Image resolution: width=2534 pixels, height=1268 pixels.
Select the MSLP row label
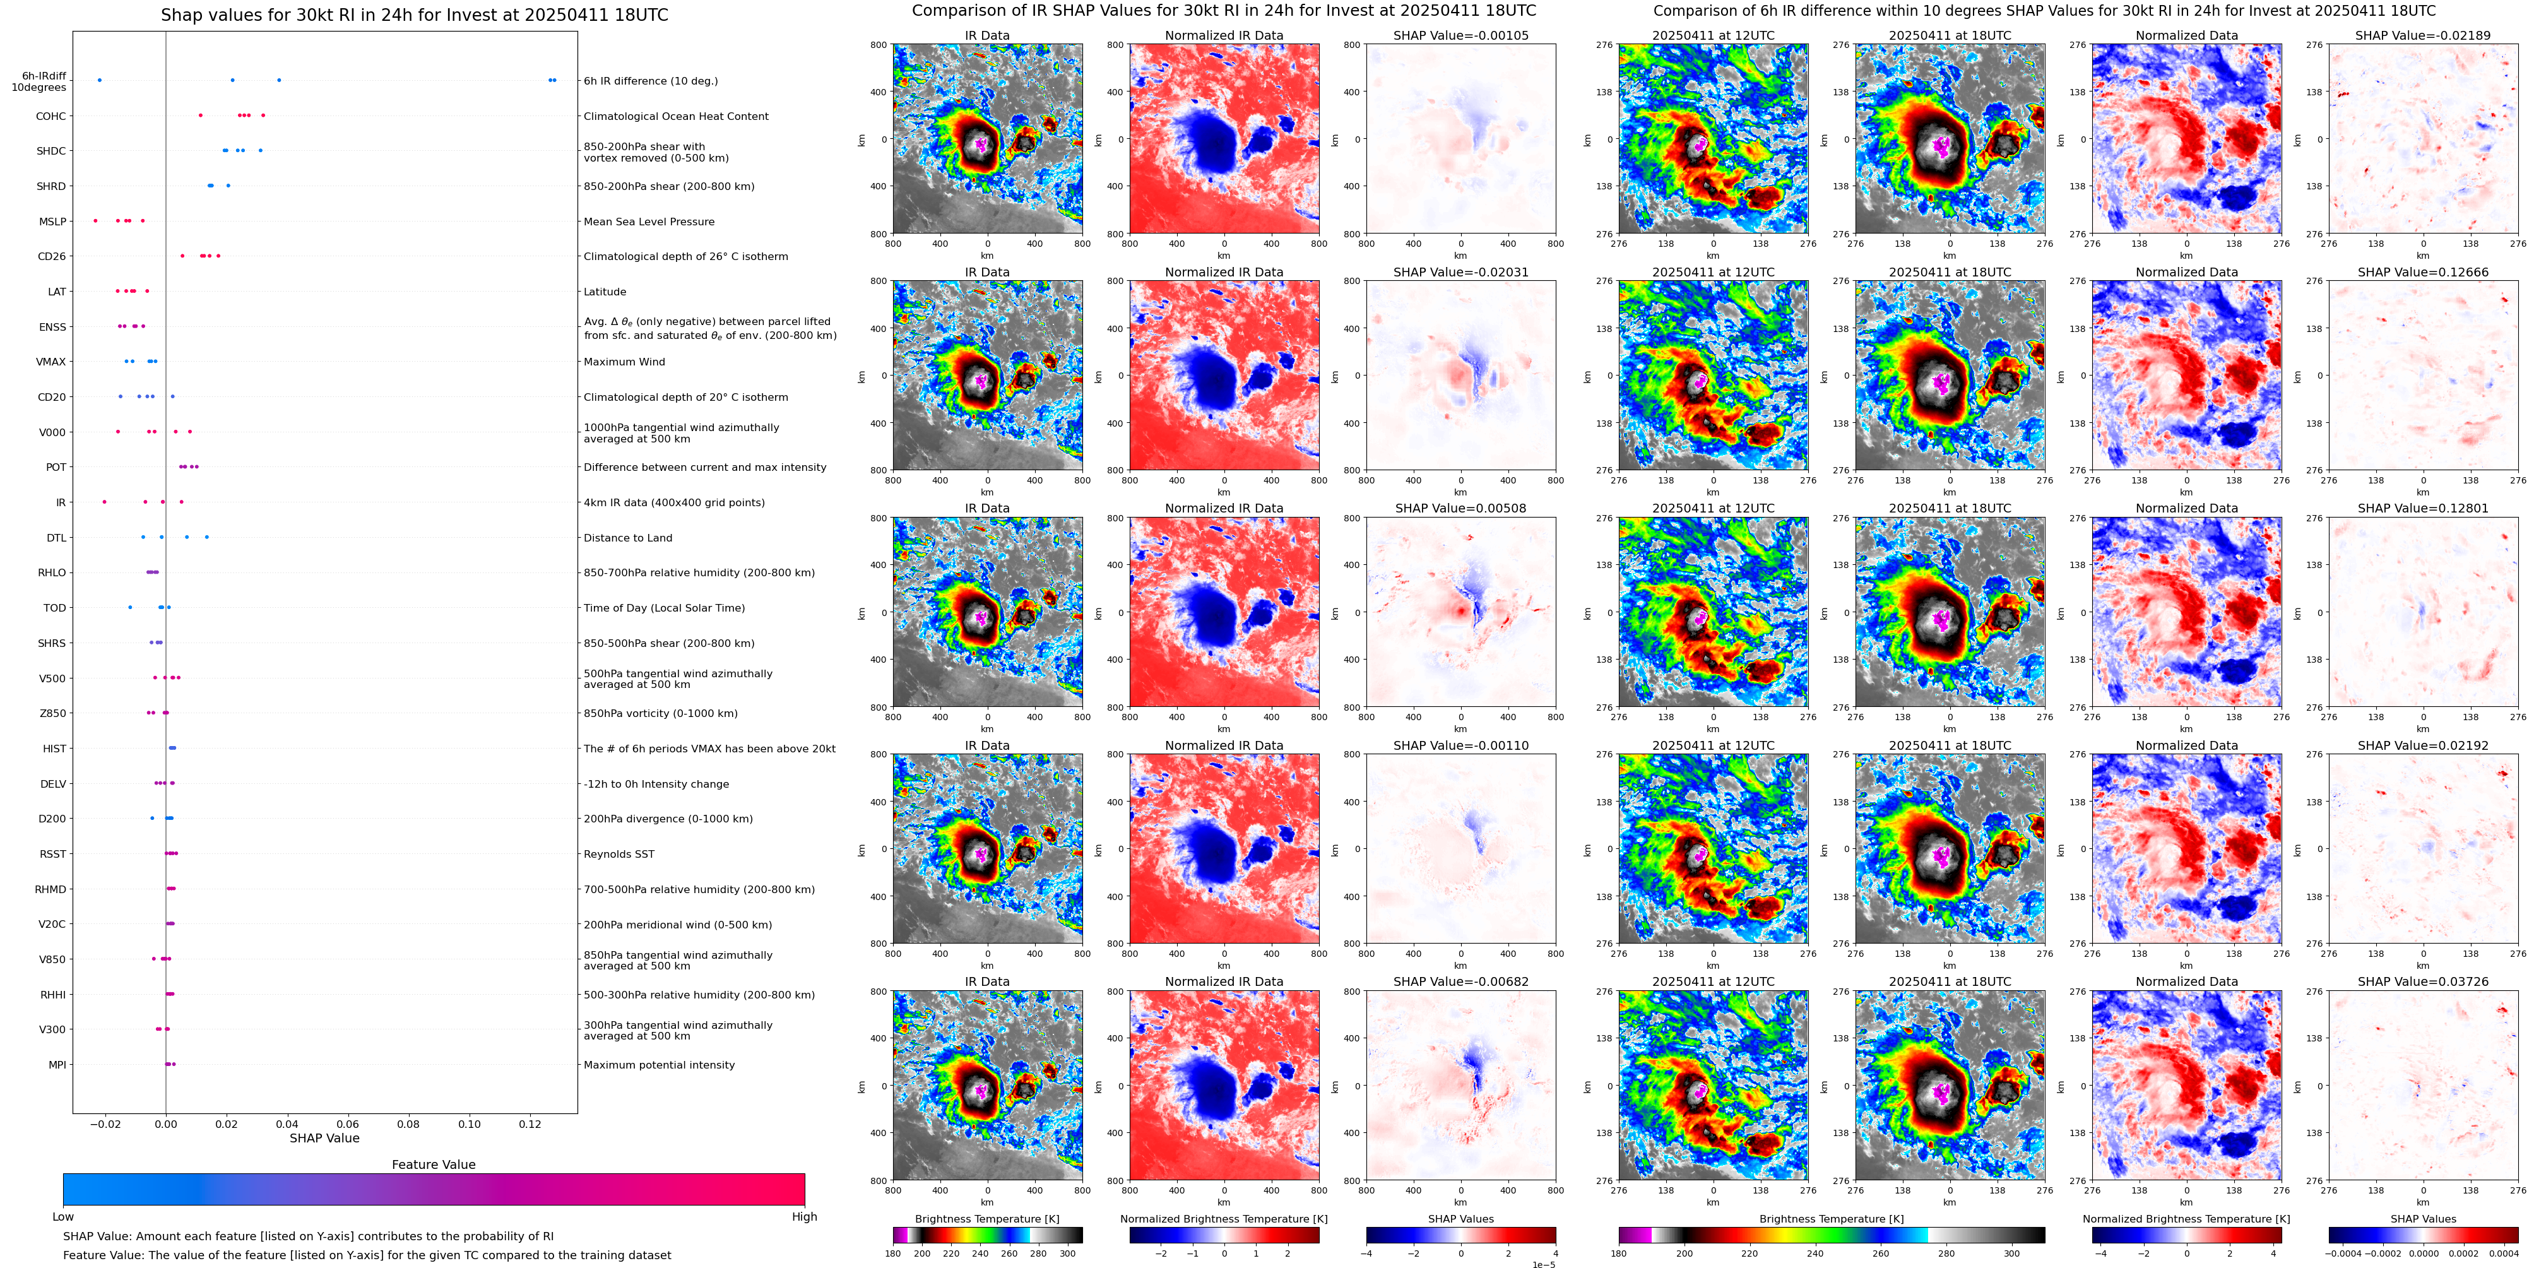pyautogui.click(x=52, y=222)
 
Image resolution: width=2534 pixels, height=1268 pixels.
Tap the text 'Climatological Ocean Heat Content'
pyautogui.click(x=676, y=116)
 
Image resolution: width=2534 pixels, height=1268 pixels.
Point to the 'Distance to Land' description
pyautogui.click(x=627, y=538)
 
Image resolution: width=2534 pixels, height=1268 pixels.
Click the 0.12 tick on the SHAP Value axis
pyautogui.click(x=530, y=1123)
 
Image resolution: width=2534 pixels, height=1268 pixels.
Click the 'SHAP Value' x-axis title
pyautogui.click(x=324, y=1138)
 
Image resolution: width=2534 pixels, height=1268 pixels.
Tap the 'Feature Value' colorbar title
pyautogui.click(x=433, y=1164)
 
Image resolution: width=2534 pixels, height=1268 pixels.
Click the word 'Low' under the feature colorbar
pyautogui.click(x=63, y=1217)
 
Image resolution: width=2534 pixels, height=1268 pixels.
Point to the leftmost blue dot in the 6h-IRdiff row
pyautogui.click(x=99, y=80)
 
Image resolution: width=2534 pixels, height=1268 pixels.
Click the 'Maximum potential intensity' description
pyautogui.click(x=658, y=1065)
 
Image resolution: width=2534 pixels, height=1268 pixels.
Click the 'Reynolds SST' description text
pyautogui.click(x=619, y=854)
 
